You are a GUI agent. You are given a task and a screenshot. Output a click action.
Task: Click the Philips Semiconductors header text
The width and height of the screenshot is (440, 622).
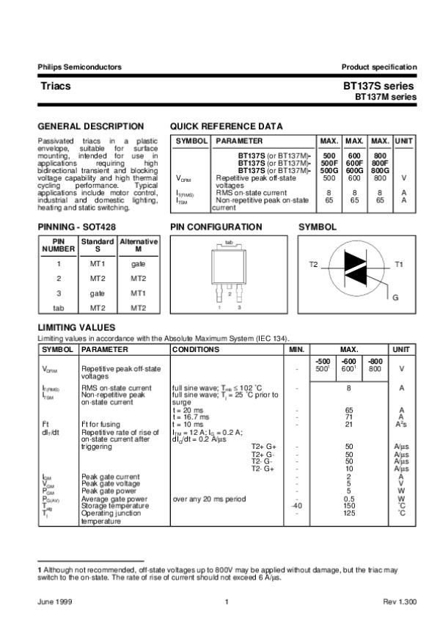[x=79, y=67]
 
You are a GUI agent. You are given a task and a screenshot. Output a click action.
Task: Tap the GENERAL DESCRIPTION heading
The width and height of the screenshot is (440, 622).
[x=90, y=126]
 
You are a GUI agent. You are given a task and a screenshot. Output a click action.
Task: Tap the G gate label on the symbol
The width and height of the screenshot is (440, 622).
[x=395, y=298]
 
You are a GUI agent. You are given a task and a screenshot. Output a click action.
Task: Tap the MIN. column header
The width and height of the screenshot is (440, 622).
[x=296, y=351]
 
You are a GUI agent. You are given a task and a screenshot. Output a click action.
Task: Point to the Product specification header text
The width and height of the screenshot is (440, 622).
[x=379, y=67]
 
